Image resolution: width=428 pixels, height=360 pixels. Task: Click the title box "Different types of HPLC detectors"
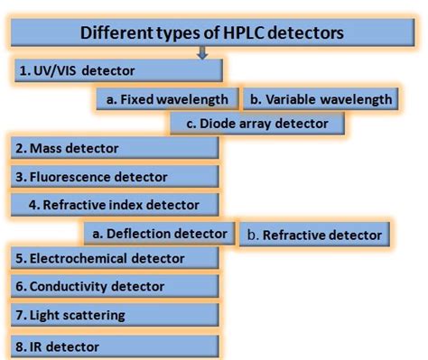[x=211, y=34]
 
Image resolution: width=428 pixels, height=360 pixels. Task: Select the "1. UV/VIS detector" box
[x=117, y=69]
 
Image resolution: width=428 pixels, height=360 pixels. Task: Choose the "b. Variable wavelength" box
[x=321, y=98]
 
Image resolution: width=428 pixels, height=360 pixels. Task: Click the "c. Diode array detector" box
[x=257, y=123]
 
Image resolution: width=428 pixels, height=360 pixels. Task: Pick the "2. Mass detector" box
[x=115, y=148]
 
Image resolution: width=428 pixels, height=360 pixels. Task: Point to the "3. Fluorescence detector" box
[x=115, y=176]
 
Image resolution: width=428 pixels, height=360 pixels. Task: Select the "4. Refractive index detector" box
[x=115, y=204]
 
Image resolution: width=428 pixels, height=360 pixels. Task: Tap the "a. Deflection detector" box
[x=159, y=234]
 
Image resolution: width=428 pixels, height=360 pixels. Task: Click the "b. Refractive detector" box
[x=313, y=235]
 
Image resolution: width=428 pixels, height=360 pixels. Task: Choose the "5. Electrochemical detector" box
[x=115, y=259]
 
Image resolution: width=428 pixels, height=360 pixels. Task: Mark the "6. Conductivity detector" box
[x=115, y=287]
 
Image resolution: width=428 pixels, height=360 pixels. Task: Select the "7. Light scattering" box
[x=115, y=315]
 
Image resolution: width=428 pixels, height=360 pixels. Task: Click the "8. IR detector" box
[x=115, y=346]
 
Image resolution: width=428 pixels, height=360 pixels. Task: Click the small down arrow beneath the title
[x=202, y=53]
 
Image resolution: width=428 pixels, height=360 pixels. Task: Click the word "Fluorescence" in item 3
[x=68, y=176]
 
